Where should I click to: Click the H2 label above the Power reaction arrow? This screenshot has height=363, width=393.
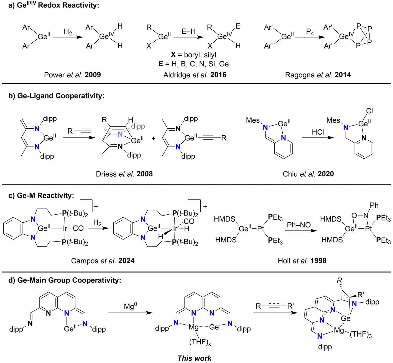[68, 32]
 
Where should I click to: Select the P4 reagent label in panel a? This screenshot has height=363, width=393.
[310, 32]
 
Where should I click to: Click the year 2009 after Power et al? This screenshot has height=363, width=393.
[93, 75]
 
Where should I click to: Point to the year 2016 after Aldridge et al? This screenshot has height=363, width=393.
[218, 75]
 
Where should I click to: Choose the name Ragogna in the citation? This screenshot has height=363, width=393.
[299, 75]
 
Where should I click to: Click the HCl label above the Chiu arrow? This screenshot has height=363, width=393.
[318, 132]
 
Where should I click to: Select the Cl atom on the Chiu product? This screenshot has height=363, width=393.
[369, 111]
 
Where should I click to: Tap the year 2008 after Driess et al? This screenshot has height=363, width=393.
[145, 174]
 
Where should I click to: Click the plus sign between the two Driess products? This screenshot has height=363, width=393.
[153, 138]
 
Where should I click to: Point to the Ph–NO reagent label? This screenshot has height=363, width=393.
[298, 225]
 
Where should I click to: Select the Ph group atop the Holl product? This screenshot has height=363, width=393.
[374, 205]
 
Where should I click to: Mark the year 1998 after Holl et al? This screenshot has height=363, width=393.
[318, 261]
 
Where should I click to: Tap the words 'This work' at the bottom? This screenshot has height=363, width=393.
[194, 358]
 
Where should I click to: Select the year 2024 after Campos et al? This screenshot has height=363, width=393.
[126, 261]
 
